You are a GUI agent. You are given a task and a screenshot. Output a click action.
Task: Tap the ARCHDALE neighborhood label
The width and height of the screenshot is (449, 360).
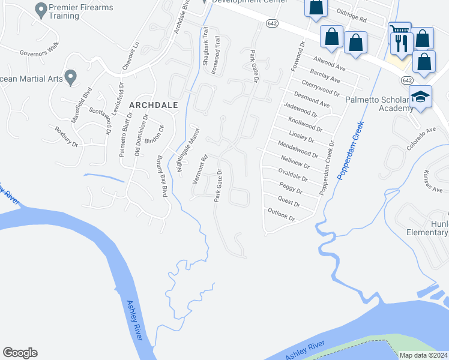(x=154, y=105)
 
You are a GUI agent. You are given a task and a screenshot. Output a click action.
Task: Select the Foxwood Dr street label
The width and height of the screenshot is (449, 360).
(x=298, y=56)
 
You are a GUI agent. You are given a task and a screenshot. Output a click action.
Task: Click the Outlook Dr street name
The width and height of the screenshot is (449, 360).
(x=282, y=214)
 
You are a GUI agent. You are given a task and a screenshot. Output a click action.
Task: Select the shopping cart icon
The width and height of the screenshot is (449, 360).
(x=398, y=29)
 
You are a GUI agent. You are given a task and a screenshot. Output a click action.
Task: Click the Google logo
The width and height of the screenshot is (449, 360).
(x=20, y=353)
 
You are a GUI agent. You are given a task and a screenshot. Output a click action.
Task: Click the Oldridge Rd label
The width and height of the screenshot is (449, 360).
(x=351, y=19)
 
